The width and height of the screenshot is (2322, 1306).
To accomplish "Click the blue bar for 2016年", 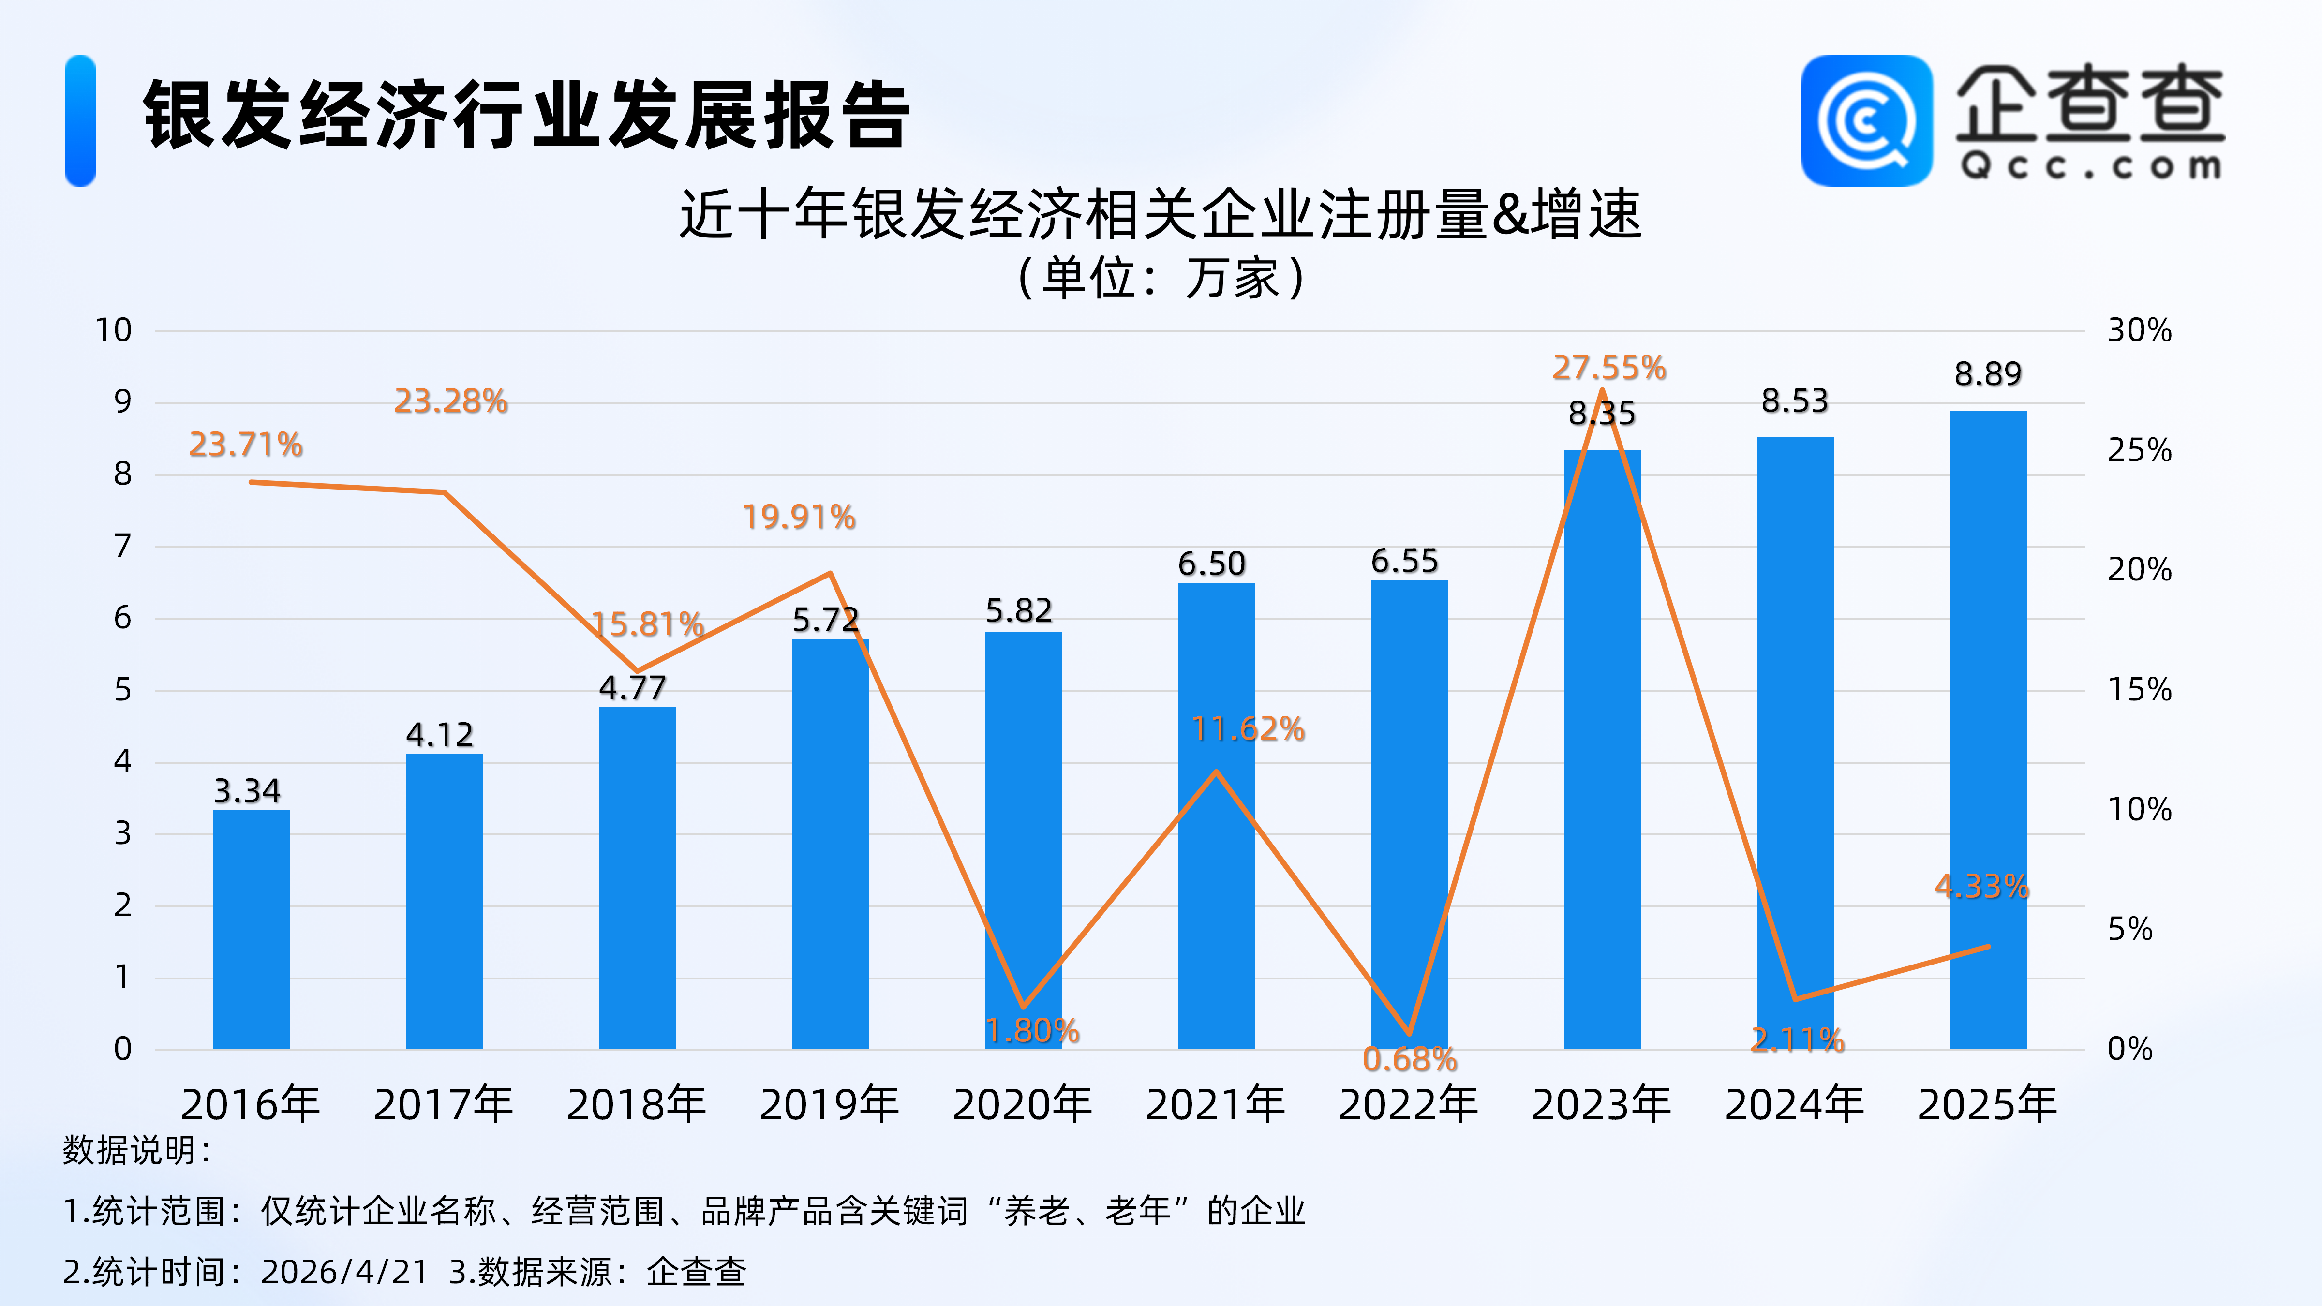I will click(x=251, y=928).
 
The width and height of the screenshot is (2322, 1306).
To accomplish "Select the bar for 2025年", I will click(x=1988, y=730).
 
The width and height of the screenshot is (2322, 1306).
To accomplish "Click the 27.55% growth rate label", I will click(x=1609, y=368).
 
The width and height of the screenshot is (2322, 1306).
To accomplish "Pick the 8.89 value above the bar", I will click(x=1988, y=373).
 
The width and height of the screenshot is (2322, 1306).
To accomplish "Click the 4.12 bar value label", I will click(x=440, y=735).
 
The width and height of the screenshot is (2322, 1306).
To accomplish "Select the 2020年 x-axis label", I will click(x=1022, y=1105).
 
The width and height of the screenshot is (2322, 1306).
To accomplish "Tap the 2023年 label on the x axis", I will click(x=1601, y=1105).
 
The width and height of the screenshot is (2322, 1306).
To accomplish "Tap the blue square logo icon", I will click(x=1866, y=121).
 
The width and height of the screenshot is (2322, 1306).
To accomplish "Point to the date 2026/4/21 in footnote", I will click(x=344, y=1272).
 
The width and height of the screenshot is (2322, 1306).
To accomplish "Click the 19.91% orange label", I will click(x=799, y=518).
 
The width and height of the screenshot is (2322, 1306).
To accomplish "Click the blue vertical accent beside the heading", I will click(x=80, y=121).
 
